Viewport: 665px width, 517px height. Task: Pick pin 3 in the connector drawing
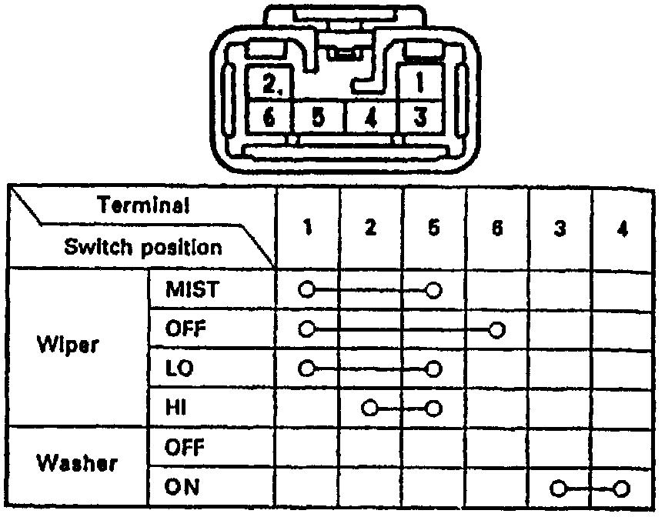[419, 118]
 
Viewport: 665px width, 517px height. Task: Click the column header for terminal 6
[497, 228]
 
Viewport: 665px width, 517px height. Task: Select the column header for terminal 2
[371, 228]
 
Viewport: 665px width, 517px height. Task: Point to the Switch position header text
[143, 248]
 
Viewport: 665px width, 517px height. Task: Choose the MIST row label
[192, 290]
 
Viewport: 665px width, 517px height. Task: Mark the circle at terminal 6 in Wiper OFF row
[497, 330]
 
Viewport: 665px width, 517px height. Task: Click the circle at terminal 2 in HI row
[371, 407]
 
